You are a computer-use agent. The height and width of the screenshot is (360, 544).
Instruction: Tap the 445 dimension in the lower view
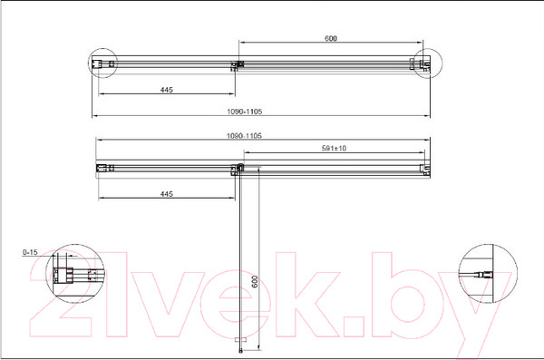[x=166, y=194]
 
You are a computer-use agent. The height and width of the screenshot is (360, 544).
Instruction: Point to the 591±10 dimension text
[x=335, y=148]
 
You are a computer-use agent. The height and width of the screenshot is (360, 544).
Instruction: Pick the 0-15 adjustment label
[x=29, y=253]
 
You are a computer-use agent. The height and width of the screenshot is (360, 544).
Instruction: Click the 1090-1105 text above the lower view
[x=245, y=135]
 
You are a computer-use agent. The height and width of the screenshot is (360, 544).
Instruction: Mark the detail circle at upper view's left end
[x=103, y=64]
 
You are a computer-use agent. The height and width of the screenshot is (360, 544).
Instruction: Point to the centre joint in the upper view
[x=238, y=65]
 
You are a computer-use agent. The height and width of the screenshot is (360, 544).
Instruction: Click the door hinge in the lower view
[x=240, y=168]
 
